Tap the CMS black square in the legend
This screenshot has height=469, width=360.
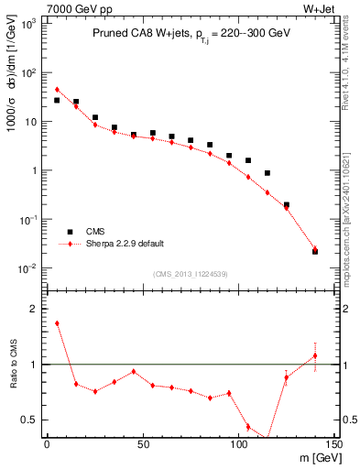[69, 232]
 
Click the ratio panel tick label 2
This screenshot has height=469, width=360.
[33, 309]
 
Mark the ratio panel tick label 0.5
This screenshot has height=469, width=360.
[29, 420]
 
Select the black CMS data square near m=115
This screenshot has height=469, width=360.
[267, 172]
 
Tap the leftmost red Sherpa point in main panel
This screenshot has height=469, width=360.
[57, 90]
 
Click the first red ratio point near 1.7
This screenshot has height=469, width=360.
[57, 322]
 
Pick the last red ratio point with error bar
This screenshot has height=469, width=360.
[315, 355]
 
